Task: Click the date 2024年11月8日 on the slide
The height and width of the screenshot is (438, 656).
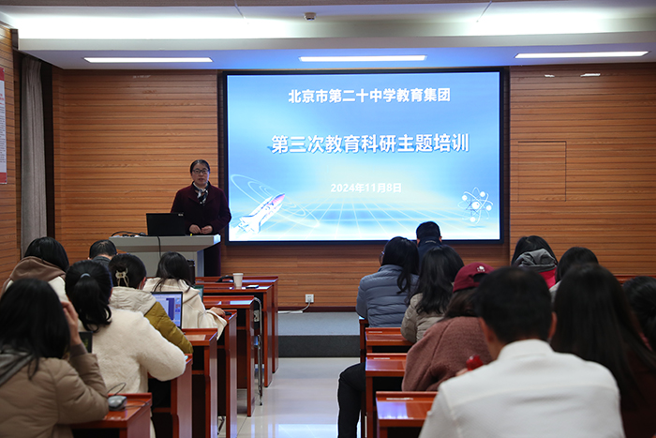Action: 365,188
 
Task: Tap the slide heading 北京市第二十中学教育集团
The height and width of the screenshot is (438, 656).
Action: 369,96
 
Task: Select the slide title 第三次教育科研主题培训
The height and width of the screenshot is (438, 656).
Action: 370,143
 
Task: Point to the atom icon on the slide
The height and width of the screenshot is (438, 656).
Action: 475,205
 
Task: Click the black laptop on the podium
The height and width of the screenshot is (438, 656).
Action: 165,224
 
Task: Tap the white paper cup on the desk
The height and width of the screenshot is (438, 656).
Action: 238,280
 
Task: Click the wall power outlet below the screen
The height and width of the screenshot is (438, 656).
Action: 309,298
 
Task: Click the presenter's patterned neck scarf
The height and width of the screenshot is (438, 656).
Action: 201,192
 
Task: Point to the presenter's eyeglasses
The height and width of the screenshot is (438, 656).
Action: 200,171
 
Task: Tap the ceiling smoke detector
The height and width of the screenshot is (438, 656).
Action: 309,16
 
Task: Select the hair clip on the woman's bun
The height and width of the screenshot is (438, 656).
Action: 122,278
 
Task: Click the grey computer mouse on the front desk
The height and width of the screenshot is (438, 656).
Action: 117,402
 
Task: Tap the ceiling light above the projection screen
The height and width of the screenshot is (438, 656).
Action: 363,58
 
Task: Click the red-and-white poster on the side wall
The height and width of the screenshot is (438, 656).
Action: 3,126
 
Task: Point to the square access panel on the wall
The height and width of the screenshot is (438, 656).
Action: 542,171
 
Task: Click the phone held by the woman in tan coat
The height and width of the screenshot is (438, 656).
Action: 86,341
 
